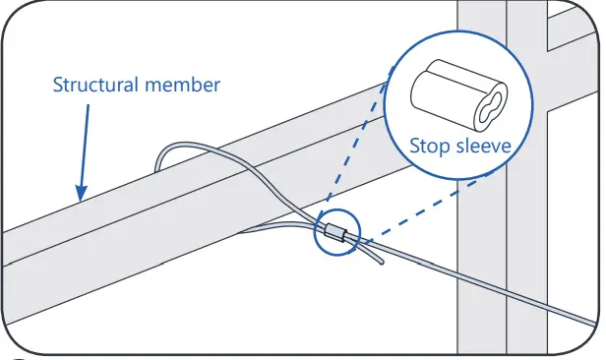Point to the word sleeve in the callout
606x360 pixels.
point(481,147)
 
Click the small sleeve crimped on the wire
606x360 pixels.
point(333,235)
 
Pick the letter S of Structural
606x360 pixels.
point(58,85)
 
